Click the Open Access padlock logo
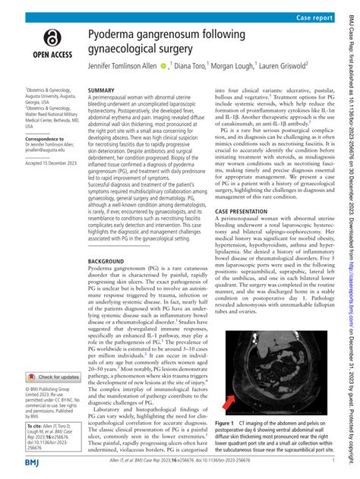pyautogui.click(x=51, y=38)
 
